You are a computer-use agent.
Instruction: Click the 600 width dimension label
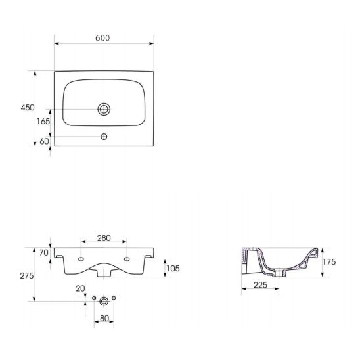coord(102,38)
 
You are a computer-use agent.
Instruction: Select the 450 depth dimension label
coord(28,108)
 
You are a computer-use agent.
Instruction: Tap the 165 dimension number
coord(43,122)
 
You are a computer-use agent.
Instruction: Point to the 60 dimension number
coord(44,141)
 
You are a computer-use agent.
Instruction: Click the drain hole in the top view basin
coord(104,109)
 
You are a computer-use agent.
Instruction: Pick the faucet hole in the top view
coord(104,137)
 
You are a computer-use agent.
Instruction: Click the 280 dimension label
coord(104,238)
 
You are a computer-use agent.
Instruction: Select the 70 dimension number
coord(44,252)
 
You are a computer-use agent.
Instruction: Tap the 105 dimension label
coord(173,268)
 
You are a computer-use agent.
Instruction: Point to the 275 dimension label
coord(27,275)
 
